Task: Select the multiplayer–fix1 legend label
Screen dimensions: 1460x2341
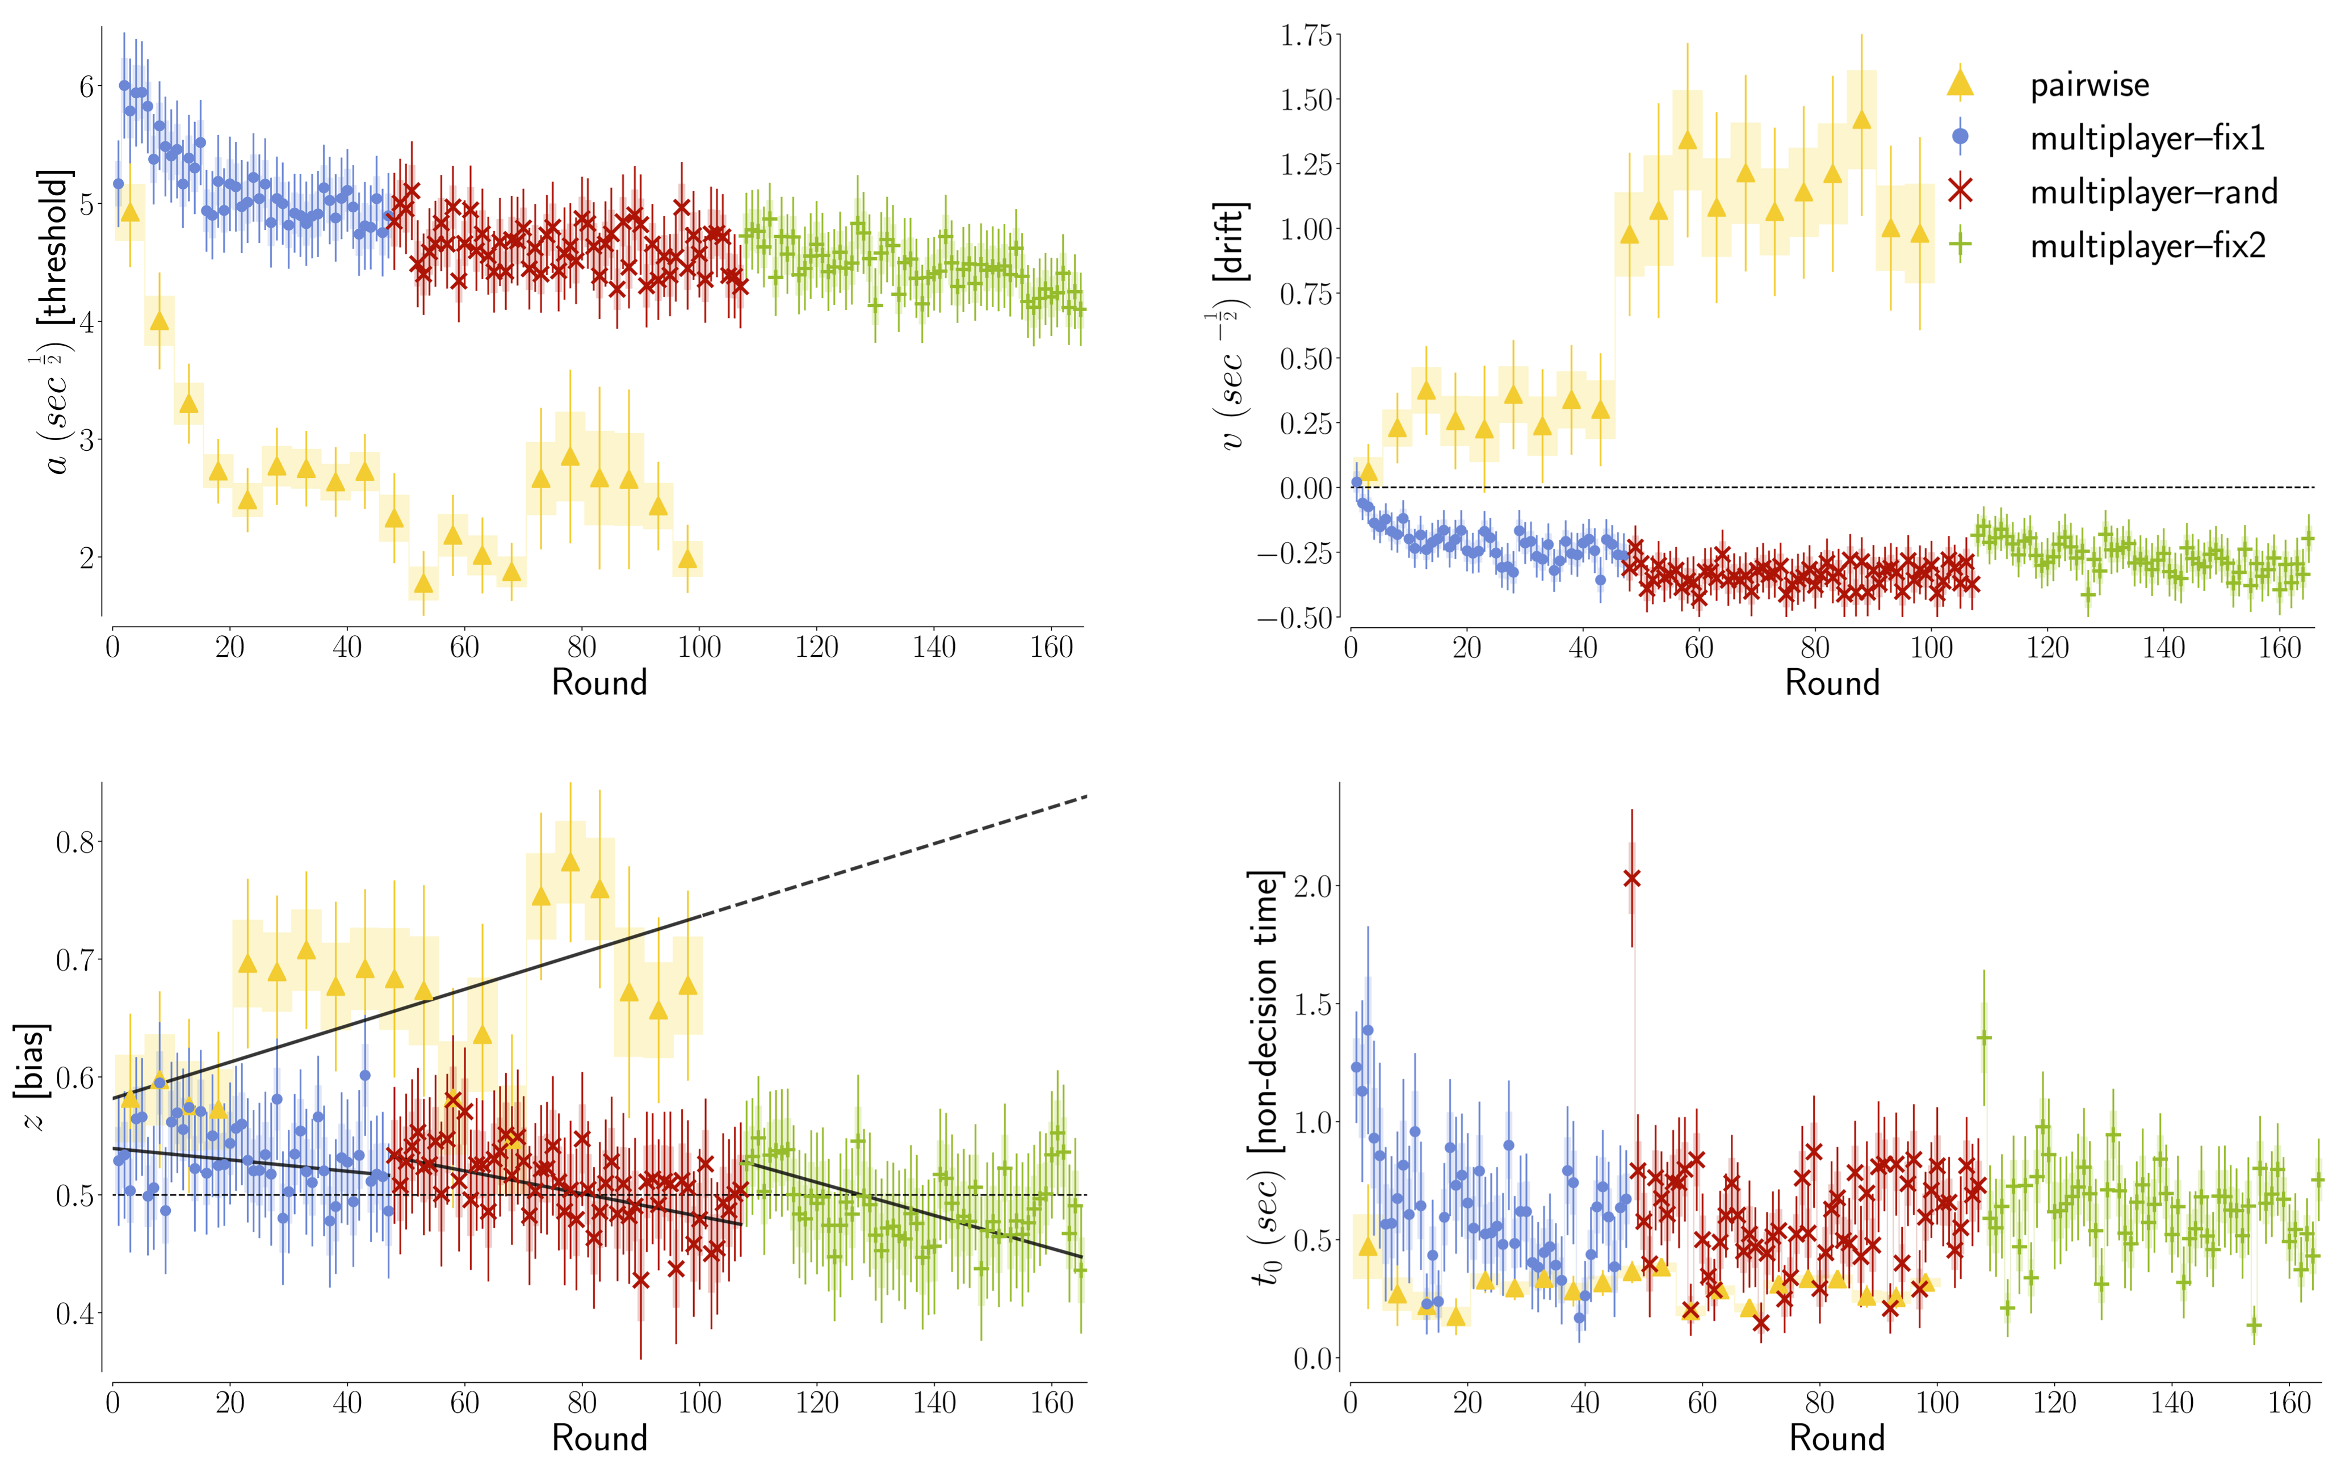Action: pos(2147,139)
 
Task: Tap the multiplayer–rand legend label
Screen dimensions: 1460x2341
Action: pos(2154,192)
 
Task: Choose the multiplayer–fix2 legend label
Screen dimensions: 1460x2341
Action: pos(2147,246)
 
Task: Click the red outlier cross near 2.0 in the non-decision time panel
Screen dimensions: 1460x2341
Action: pos(1631,878)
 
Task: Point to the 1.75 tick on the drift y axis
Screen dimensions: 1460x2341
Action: pos(1305,36)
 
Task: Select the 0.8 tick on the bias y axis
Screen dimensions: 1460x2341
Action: pos(76,842)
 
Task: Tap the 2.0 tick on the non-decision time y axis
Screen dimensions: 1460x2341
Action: pos(1314,886)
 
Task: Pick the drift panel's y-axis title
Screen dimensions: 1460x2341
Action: pos(1231,326)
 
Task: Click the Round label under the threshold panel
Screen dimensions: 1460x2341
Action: pos(598,683)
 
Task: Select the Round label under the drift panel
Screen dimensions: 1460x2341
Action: pos(1831,683)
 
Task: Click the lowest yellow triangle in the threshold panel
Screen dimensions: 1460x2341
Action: pos(423,583)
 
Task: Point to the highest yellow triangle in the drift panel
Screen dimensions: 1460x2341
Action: pos(1861,119)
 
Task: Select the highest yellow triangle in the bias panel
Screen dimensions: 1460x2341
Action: pos(569,861)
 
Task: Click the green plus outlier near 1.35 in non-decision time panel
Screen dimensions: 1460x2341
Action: pos(1984,1038)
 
